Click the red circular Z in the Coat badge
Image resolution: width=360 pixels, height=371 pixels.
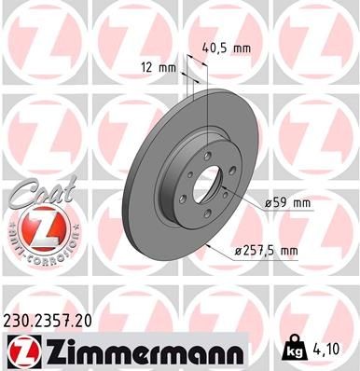35,227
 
